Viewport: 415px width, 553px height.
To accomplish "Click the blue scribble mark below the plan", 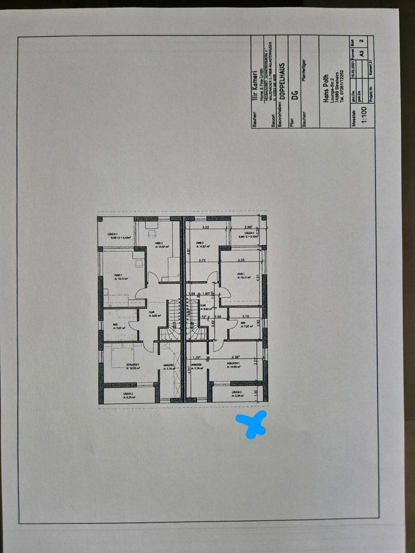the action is pyautogui.click(x=251, y=424).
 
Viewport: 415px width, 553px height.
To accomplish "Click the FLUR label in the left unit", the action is pyautogui.click(x=152, y=312).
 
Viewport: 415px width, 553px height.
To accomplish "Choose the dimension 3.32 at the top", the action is pyautogui.click(x=205, y=228).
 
